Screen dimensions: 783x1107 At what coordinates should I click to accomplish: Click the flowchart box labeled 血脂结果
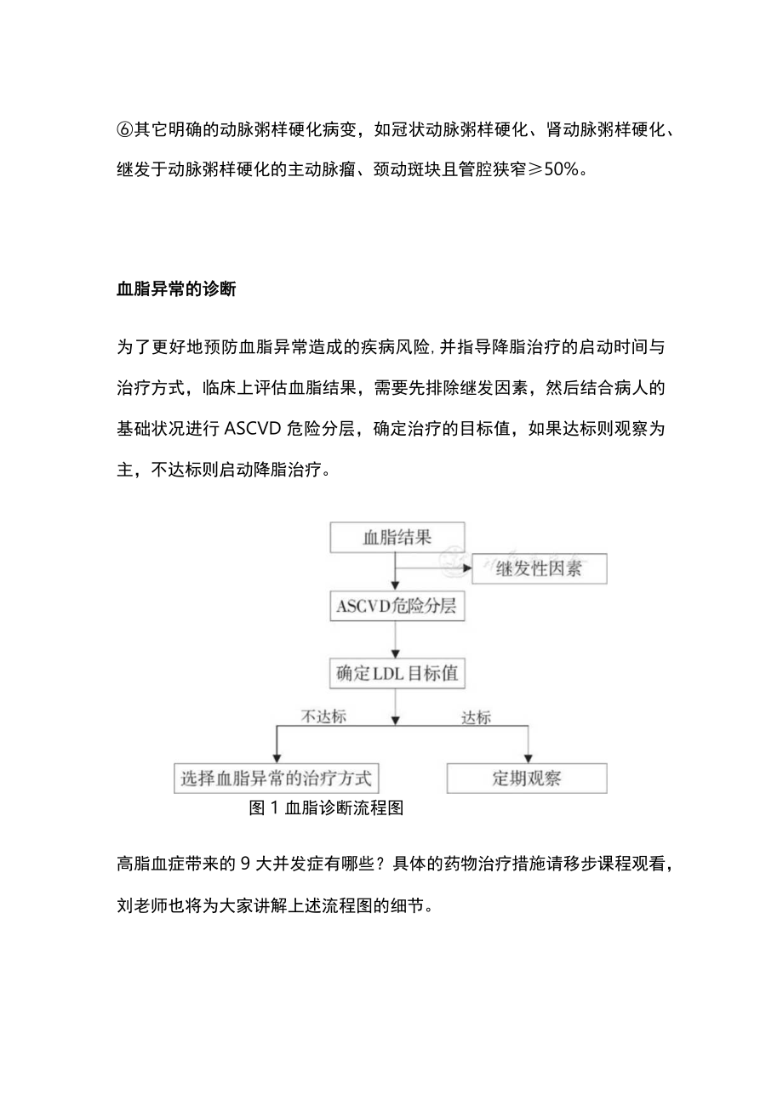[x=397, y=537]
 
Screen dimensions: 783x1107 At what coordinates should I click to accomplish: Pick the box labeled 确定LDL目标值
[x=397, y=674]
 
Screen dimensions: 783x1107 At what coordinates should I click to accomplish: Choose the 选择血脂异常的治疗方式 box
[x=277, y=778]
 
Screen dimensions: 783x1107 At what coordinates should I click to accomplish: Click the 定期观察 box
[x=527, y=778]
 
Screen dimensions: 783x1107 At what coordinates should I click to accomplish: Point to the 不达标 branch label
[x=324, y=716]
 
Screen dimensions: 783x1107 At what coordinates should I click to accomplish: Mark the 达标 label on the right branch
[x=477, y=716]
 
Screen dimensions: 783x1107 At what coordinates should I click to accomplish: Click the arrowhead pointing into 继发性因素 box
[x=467, y=567]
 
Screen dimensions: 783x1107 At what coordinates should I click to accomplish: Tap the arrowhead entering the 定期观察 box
[x=529, y=757]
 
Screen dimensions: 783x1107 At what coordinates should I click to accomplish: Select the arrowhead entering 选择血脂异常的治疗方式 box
[x=274, y=757]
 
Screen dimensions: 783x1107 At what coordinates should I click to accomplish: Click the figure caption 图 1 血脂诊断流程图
[x=325, y=808]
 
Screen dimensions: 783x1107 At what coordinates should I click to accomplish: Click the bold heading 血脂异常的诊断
[x=176, y=289]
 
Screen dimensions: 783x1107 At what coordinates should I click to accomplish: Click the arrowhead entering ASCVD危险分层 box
[x=395, y=586]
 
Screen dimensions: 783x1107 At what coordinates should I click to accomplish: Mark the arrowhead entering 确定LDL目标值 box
[x=395, y=654]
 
